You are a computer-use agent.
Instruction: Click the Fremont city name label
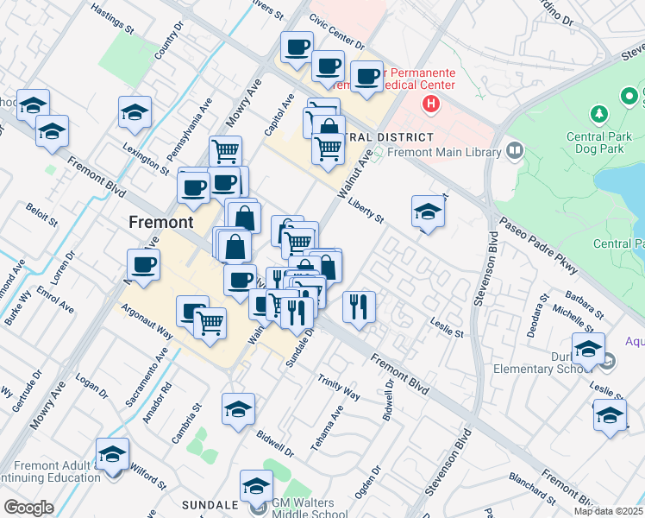[160, 222]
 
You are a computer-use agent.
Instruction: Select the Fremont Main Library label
[444, 153]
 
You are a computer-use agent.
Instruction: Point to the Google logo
[28, 508]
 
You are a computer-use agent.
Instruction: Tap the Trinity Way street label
[338, 388]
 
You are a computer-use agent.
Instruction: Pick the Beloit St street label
[41, 215]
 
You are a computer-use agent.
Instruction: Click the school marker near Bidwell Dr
[239, 409]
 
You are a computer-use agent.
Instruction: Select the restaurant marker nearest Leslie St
[358, 305]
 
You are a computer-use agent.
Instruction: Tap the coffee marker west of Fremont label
[143, 265]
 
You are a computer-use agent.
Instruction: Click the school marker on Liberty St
[428, 212]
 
